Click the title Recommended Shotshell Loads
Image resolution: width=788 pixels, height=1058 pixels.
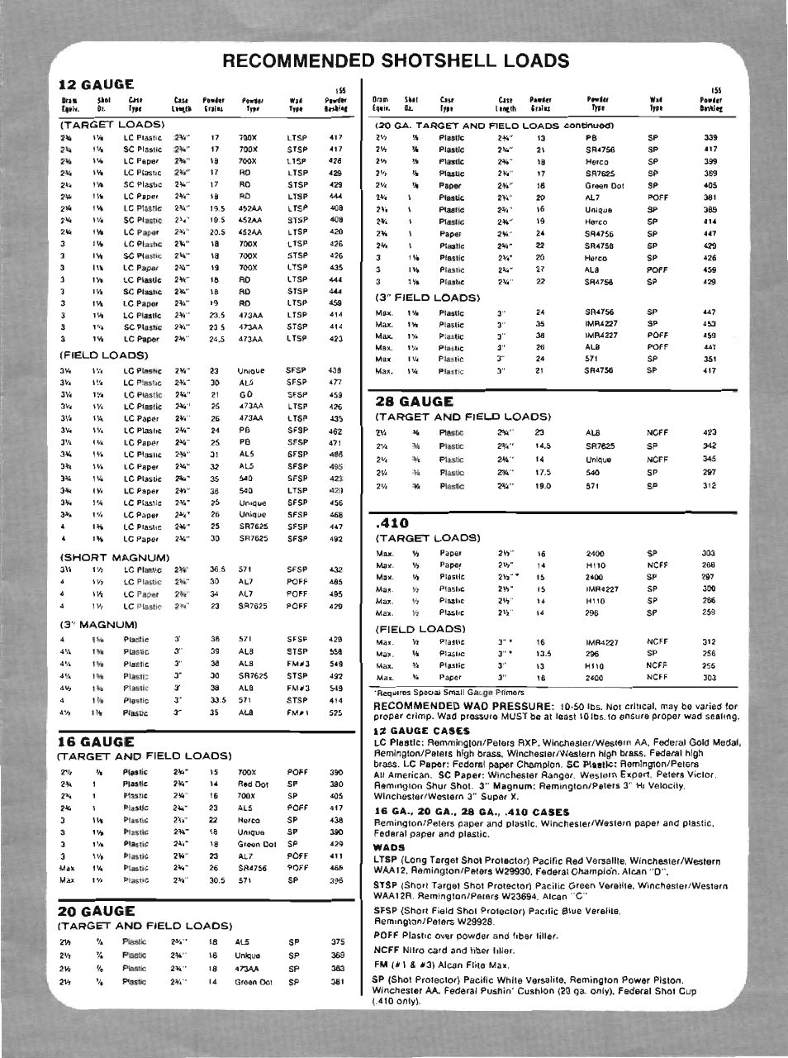396,60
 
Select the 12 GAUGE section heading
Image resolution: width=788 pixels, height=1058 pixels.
96,84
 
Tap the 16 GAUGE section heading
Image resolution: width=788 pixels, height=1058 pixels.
95,741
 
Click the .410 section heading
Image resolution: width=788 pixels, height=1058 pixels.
392,522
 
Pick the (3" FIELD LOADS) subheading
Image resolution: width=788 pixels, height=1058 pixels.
427,297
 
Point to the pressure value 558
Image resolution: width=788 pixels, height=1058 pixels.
335,651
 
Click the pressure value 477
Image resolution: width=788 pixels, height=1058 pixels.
335,383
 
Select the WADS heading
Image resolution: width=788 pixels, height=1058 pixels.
388,847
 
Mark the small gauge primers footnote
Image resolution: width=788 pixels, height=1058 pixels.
450,692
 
